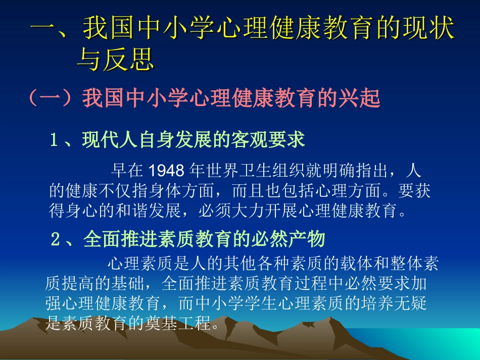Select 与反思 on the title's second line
click(x=115, y=60)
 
